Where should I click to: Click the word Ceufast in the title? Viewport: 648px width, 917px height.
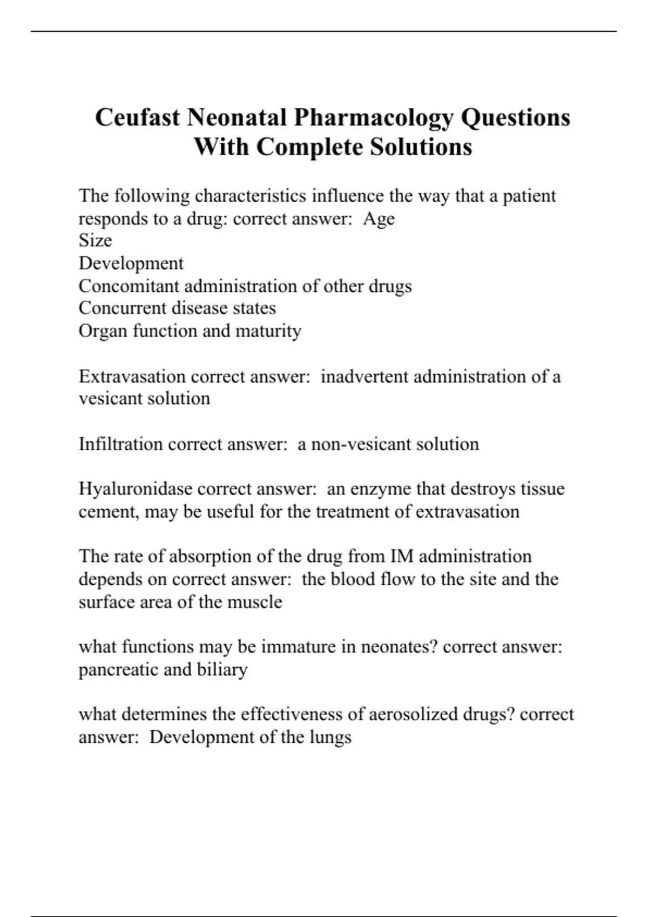(x=137, y=118)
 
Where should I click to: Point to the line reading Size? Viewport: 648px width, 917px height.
(x=95, y=241)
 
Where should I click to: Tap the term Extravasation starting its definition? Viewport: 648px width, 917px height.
(x=132, y=376)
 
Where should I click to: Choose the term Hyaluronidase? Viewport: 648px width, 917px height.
(x=136, y=489)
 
